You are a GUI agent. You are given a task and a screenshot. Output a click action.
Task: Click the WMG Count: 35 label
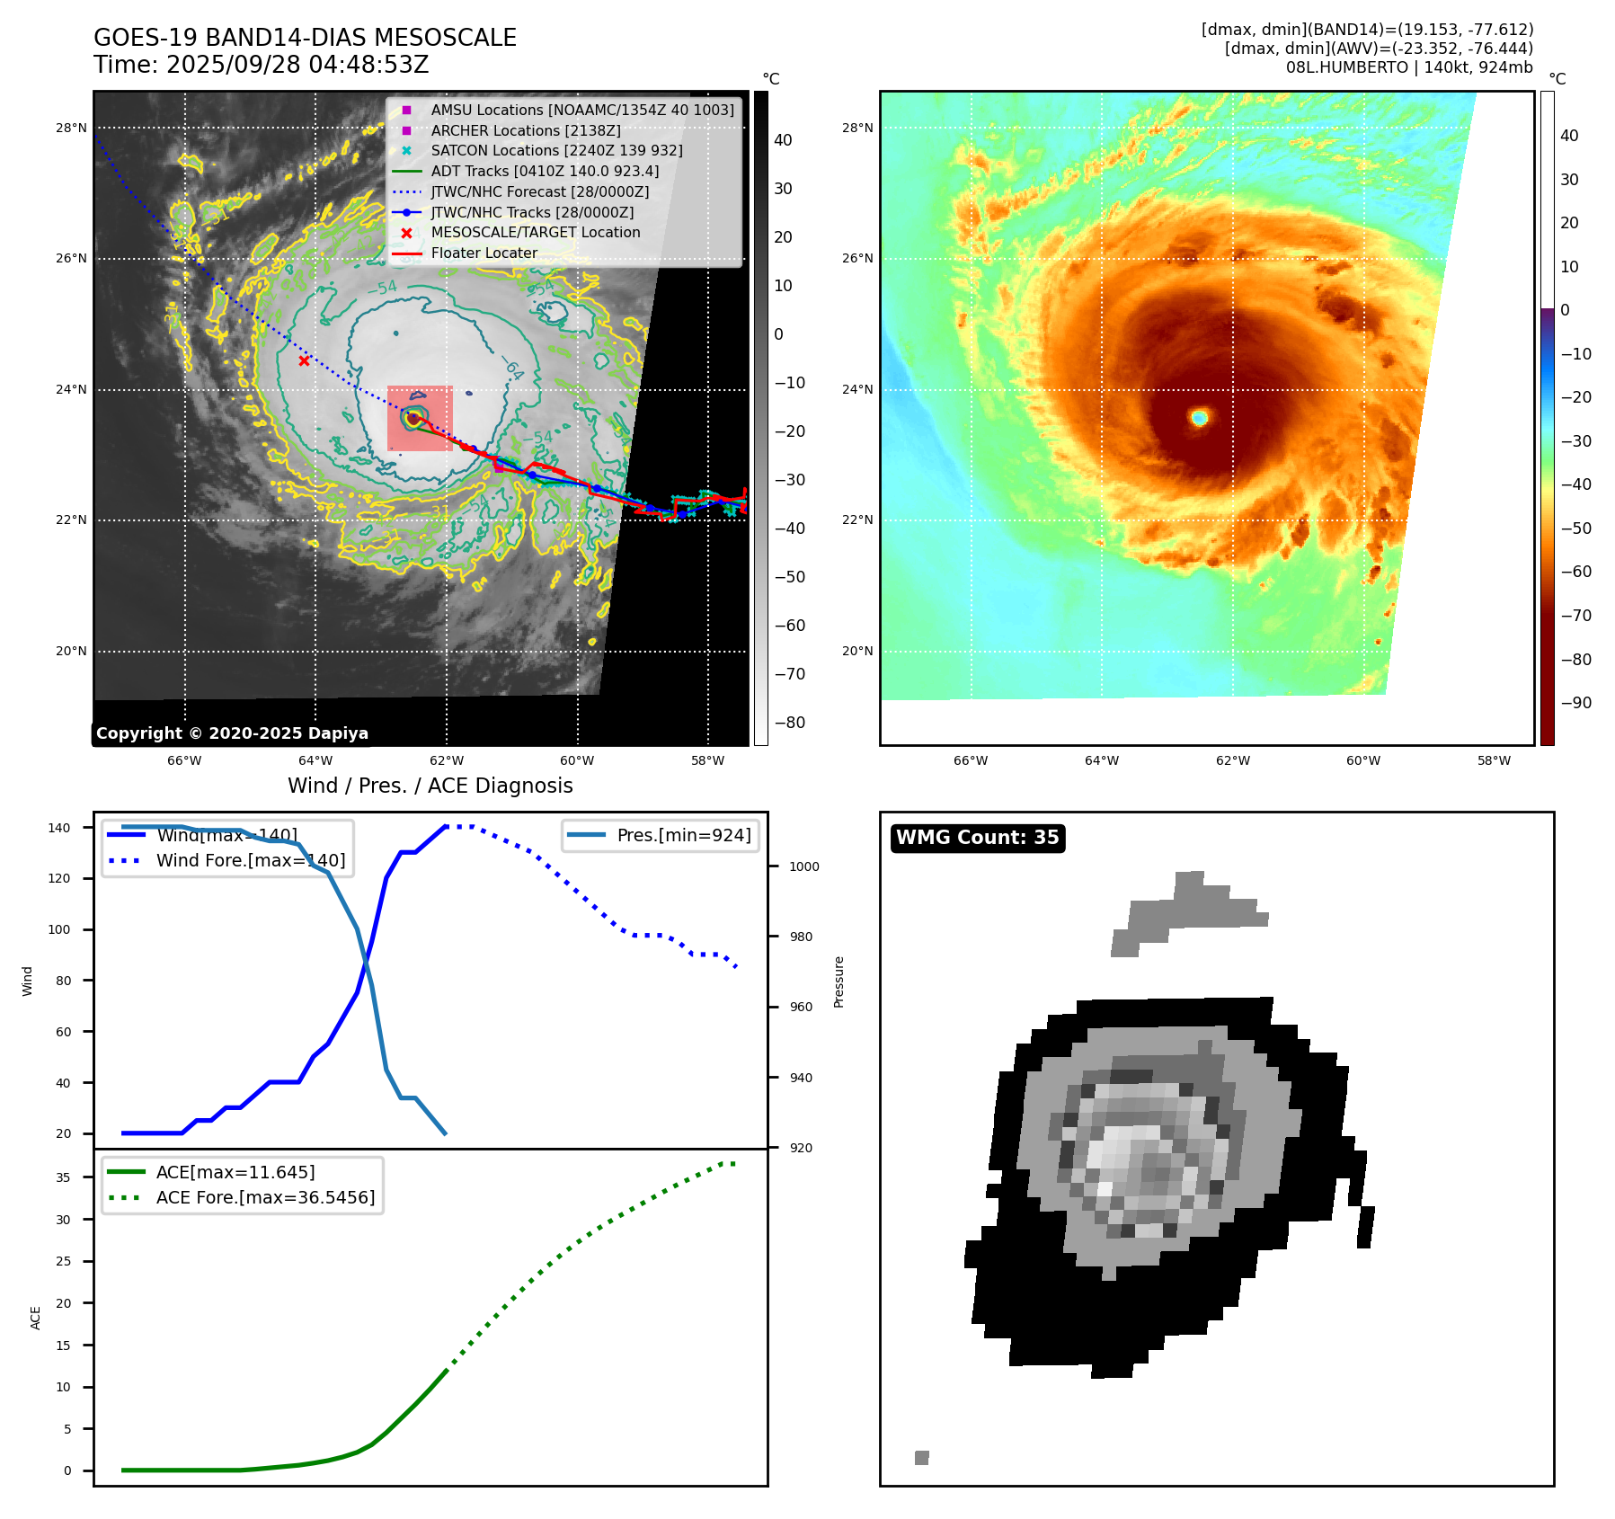coord(977,838)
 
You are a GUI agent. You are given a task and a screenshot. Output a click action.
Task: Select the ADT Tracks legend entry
coord(544,171)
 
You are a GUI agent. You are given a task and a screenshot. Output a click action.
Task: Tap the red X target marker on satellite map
coord(305,361)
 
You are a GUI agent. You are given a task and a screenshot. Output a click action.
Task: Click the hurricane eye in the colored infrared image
coord(1199,417)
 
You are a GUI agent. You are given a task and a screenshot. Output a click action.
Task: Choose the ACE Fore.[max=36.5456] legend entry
coord(265,1197)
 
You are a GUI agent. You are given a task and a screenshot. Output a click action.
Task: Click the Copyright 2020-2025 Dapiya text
coord(232,733)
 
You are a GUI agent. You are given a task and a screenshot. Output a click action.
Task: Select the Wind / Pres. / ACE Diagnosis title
coord(430,786)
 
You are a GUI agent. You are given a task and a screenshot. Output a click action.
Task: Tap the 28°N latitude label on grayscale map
coord(71,128)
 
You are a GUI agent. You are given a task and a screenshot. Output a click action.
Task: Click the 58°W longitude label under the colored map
coord(1494,760)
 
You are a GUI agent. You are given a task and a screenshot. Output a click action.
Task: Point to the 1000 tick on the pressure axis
coord(804,866)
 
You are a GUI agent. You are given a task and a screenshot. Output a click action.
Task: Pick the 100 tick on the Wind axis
coord(59,929)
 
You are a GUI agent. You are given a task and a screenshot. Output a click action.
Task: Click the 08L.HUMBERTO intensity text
coord(1408,67)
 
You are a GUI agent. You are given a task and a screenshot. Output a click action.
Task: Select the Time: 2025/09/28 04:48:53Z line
coord(261,65)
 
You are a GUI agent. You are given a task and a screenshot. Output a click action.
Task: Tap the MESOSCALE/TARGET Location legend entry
coord(535,232)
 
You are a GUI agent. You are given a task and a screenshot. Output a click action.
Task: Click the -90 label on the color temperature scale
coord(1575,703)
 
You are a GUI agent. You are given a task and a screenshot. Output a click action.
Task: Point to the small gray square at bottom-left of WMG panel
coord(921,1457)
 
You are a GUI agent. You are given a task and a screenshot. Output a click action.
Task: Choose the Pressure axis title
coord(839,982)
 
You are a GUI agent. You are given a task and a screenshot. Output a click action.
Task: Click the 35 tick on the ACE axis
coord(63,1177)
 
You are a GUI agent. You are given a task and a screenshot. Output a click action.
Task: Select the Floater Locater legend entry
coord(484,253)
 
